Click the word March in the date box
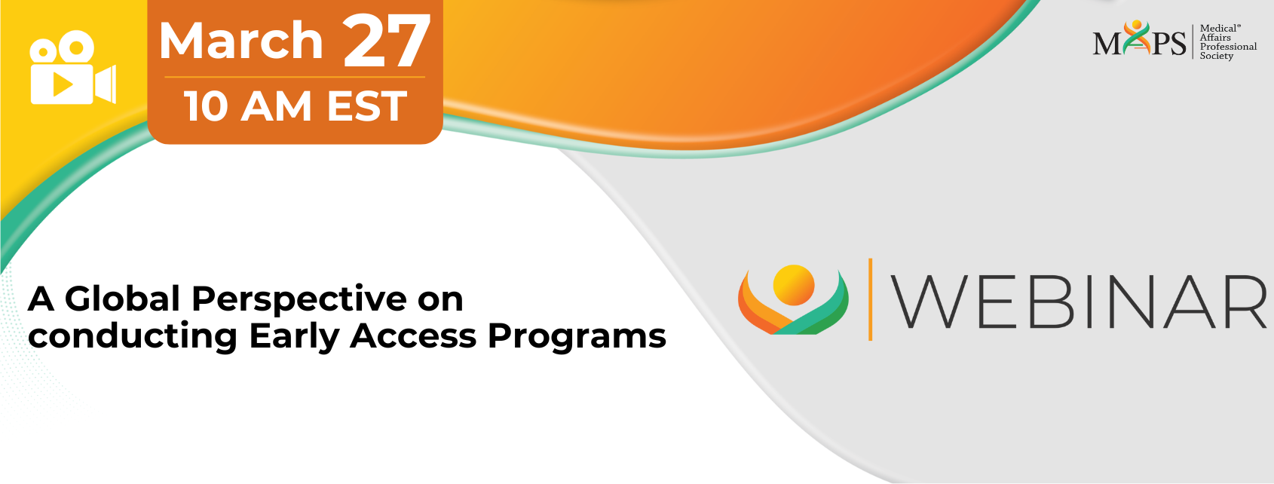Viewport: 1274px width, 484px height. [x=241, y=41]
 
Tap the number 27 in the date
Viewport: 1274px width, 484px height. [x=386, y=39]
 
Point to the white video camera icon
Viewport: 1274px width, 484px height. [x=73, y=68]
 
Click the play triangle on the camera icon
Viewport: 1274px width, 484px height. [x=63, y=84]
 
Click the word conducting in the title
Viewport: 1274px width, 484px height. [x=133, y=337]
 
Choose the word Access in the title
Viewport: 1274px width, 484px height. [x=413, y=336]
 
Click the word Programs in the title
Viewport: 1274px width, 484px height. [x=577, y=337]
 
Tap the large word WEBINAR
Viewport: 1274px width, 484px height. [x=1078, y=302]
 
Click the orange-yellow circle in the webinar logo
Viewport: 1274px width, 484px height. [x=794, y=285]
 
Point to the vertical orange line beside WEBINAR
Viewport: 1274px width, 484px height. [x=870, y=299]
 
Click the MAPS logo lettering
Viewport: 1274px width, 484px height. [x=1139, y=40]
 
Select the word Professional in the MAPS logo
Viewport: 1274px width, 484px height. [x=1229, y=47]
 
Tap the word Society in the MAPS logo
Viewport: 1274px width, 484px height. [x=1217, y=56]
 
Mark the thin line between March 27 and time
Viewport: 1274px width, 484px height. [x=295, y=77]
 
